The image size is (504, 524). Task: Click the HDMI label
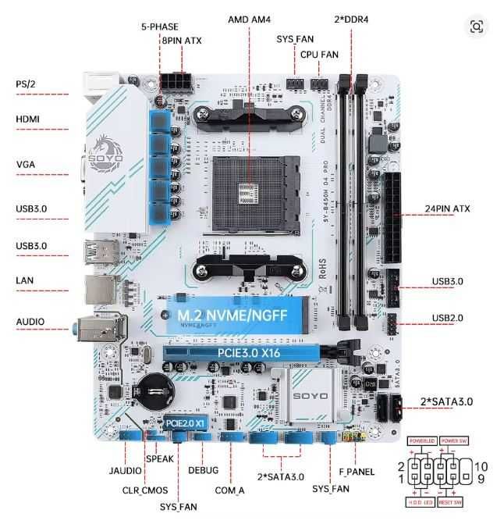click(x=29, y=119)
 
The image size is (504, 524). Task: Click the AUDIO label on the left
click(x=30, y=322)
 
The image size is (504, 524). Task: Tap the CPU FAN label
click(x=320, y=54)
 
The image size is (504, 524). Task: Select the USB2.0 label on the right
click(x=447, y=318)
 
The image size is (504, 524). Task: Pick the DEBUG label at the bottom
click(x=204, y=470)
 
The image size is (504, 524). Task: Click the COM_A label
click(x=229, y=490)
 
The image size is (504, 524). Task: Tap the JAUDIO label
click(x=126, y=471)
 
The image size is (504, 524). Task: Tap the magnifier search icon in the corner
click(x=477, y=27)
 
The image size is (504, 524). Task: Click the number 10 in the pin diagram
click(x=481, y=466)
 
